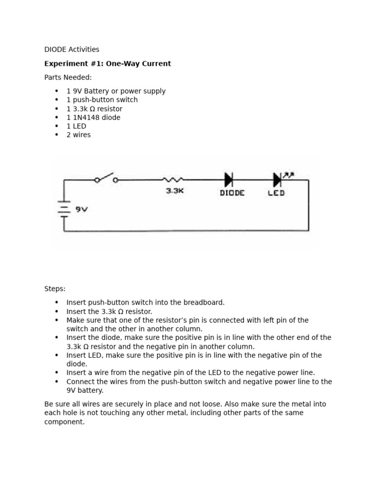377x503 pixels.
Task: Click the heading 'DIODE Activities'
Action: coord(72,49)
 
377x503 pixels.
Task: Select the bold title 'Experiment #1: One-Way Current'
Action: coord(108,63)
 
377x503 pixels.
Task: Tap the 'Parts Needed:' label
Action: coord(68,77)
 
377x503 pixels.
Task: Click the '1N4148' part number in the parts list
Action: coord(84,117)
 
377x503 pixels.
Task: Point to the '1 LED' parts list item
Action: coord(76,126)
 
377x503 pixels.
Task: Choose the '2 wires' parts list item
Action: coord(79,135)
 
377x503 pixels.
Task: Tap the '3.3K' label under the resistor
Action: coord(174,191)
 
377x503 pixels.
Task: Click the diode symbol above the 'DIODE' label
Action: coord(229,180)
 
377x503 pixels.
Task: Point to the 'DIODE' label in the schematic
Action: coord(232,193)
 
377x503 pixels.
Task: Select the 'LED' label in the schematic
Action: coord(276,193)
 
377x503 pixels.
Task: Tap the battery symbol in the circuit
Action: coord(64,209)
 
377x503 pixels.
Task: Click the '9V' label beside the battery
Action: coord(81,209)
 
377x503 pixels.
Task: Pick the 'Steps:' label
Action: coord(54,289)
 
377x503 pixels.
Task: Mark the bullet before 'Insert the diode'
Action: coord(57,337)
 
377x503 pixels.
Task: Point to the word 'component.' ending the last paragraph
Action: coord(64,421)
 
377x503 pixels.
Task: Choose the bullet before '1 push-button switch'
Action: coord(57,100)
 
